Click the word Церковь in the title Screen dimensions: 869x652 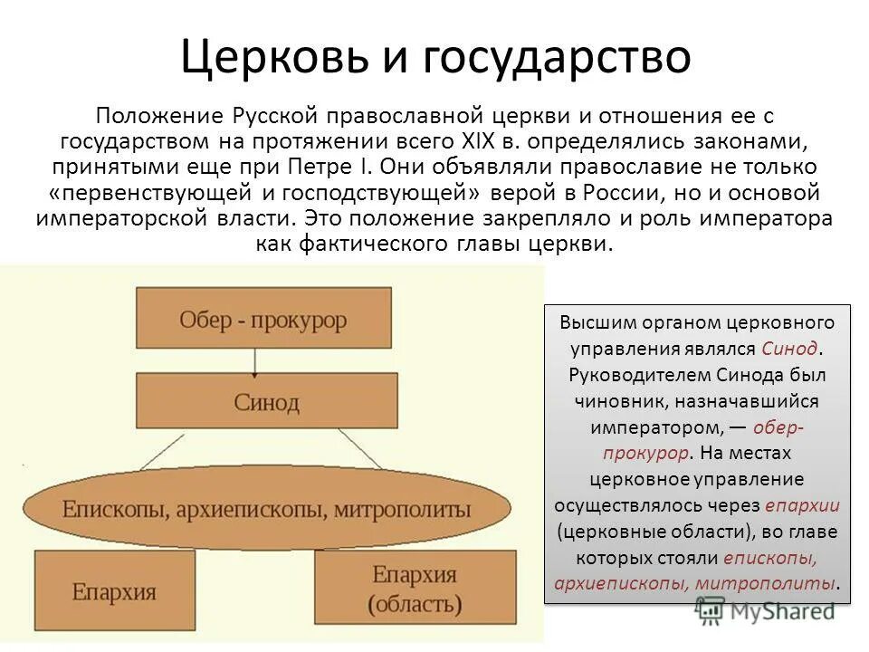tap(275, 56)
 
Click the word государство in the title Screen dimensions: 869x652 tap(552, 58)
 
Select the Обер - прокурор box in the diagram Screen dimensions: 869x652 tap(263, 320)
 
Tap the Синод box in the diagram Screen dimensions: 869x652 tap(266, 401)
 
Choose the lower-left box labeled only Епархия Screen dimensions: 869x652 tap(114, 592)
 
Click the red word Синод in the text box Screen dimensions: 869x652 tap(789, 348)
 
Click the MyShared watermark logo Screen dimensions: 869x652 tap(765, 610)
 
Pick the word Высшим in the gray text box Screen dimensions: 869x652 tap(597, 322)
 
